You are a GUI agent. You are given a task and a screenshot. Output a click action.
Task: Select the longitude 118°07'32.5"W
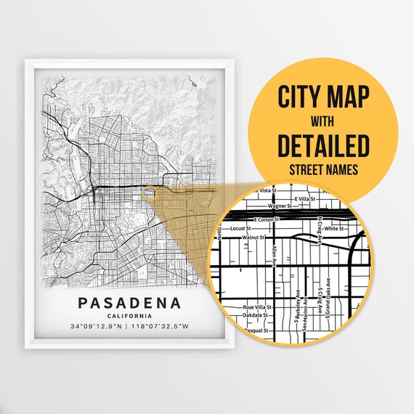click(x=157, y=326)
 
